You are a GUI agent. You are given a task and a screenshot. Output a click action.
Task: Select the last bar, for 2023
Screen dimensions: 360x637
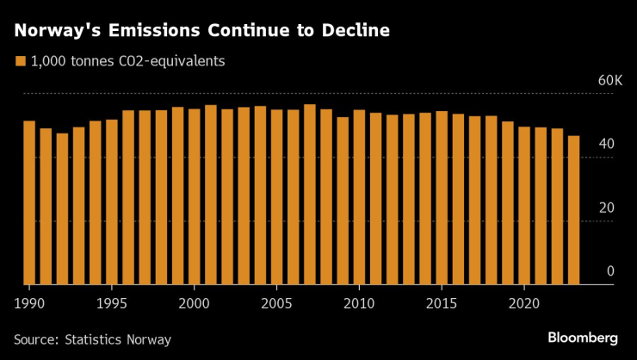[573, 210]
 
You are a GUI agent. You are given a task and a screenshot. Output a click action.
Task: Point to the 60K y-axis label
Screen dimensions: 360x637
[609, 81]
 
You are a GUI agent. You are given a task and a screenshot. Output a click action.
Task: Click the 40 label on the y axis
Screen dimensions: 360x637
[607, 144]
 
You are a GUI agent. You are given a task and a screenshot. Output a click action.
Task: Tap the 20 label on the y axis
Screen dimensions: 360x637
[607, 208]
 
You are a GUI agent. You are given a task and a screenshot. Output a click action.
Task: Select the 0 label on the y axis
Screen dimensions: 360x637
[610, 271]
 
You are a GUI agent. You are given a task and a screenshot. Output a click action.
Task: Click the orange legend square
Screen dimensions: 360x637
[20, 61]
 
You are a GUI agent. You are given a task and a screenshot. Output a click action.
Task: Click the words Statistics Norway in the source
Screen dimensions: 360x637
[119, 339]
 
